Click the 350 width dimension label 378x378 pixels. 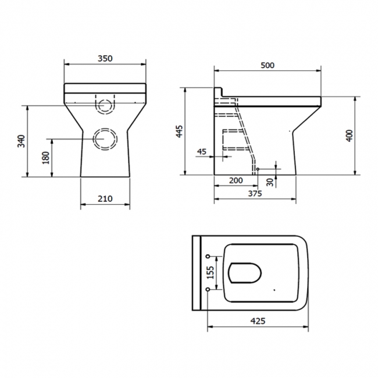(x=105, y=58)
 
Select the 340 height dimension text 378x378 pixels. (x=21, y=141)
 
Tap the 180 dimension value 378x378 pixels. (x=47, y=158)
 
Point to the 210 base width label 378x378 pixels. (x=105, y=199)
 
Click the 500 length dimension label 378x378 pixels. (x=268, y=65)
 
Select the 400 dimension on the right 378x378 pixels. (x=349, y=135)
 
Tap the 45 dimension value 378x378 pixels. (x=202, y=152)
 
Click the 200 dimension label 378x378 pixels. (x=236, y=181)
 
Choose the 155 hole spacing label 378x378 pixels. (x=211, y=273)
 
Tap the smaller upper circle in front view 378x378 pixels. (x=105, y=106)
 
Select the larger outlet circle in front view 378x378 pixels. (x=105, y=138)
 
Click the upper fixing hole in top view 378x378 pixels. (x=208, y=256)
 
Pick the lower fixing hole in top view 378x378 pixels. (x=208, y=289)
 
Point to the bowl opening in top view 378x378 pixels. (x=246, y=272)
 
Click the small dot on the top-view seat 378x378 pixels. (x=274, y=289)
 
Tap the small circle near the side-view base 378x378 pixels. (x=257, y=170)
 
